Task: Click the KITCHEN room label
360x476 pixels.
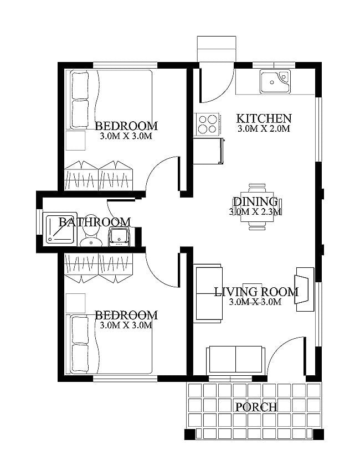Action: click(264, 118)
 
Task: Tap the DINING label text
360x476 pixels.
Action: click(255, 201)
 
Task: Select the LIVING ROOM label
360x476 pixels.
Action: click(256, 292)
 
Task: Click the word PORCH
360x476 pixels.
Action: click(256, 407)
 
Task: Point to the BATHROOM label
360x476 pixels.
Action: click(95, 222)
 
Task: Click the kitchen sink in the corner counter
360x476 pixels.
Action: click(275, 82)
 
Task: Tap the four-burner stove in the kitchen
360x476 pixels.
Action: click(207, 123)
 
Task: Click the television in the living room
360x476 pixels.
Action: click(305, 289)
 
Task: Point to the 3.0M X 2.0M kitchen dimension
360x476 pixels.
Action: click(264, 129)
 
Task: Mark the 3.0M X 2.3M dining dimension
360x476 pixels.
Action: click(255, 211)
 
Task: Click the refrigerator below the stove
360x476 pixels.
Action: click(209, 151)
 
